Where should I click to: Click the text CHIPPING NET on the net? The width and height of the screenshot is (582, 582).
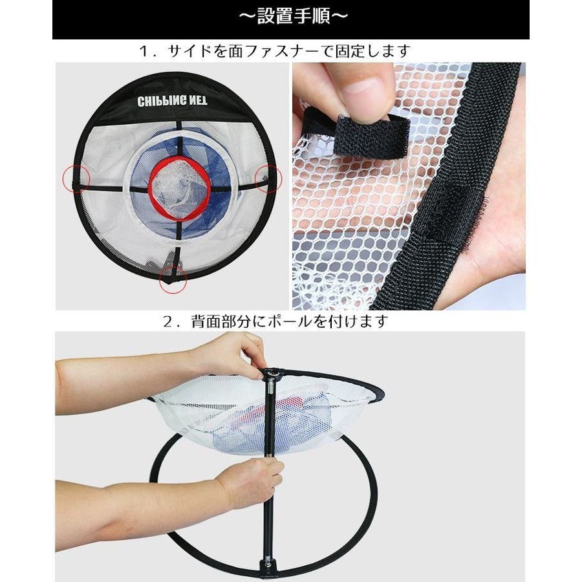[172, 101]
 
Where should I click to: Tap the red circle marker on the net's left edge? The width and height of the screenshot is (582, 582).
[76, 179]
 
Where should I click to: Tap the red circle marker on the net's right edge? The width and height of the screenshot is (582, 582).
[268, 179]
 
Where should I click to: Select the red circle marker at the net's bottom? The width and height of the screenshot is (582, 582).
[173, 279]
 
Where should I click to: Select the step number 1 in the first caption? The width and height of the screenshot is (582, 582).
[144, 51]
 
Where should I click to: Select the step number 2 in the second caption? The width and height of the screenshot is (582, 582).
[168, 321]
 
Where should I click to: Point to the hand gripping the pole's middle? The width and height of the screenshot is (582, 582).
[252, 479]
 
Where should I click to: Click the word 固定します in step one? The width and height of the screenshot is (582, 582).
[373, 51]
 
